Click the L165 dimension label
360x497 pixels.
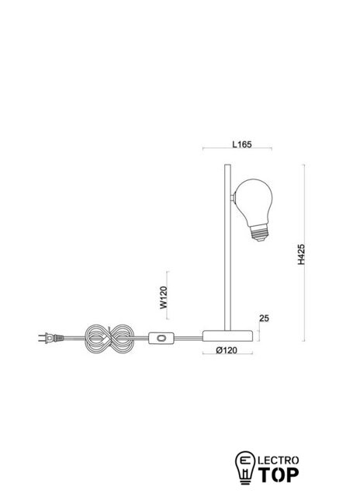click(x=242, y=144)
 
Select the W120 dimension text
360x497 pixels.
click(x=164, y=297)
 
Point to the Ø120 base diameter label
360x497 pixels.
click(x=227, y=350)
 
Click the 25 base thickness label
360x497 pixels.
click(x=264, y=318)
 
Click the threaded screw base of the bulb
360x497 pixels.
click(x=259, y=233)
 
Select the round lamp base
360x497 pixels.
click(x=227, y=336)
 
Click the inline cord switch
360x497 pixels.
click(x=161, y=338)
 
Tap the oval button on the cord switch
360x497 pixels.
click(x=161, y=338)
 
